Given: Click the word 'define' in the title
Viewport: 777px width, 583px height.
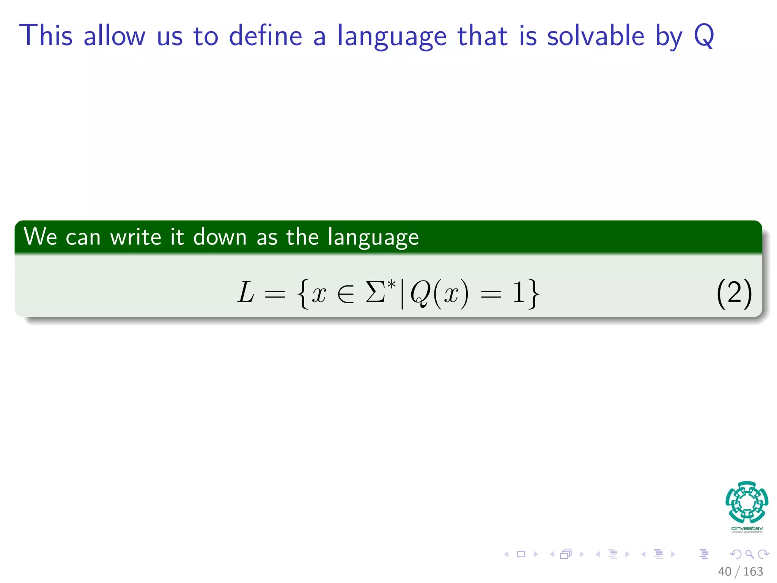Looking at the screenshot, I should coord(266,36).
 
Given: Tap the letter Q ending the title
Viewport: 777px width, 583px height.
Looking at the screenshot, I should coord(704,36).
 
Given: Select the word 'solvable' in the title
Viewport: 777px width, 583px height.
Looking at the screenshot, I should coord(596,36).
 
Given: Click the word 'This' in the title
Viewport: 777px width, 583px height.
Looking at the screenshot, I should coord(46,36).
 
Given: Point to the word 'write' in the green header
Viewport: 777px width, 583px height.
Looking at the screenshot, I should coord(135,237).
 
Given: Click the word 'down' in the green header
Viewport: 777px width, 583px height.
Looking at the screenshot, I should coord(220,237).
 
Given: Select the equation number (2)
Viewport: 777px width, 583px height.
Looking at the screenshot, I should coord(734,293).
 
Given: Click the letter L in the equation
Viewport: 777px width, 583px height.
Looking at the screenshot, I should coord(246,293).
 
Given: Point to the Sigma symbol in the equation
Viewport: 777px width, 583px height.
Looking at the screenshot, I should coord(376,293).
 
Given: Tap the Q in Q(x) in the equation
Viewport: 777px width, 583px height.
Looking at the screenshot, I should coord(420,293).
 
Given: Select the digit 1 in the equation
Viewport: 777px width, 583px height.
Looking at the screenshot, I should coord(519,293).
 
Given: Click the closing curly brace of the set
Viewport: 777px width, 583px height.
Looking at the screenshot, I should coord(533,293).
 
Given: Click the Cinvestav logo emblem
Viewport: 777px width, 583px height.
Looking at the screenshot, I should coord(747,502).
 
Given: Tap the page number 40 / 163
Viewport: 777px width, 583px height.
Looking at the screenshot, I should coord(740,571).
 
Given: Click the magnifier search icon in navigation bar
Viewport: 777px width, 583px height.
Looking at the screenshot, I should coord(749,554).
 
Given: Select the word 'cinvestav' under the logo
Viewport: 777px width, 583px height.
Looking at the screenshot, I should coord(747,528).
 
